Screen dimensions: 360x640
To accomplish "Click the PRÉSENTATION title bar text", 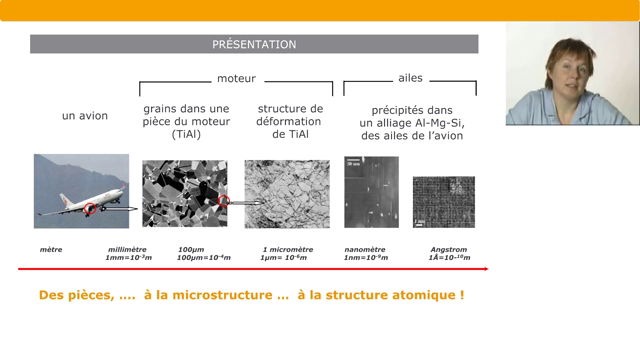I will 254,44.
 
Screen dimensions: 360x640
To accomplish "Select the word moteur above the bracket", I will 237,77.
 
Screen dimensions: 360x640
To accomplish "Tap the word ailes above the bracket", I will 410,77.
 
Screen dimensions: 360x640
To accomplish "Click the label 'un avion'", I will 85,116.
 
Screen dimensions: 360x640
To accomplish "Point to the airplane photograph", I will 81,190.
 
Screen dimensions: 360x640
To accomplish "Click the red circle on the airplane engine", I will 90,208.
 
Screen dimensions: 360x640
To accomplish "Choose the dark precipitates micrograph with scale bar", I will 371,191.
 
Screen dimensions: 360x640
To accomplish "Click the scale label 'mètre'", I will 50,249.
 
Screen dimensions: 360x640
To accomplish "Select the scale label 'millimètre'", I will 129,249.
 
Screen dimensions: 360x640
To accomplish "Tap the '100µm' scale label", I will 191,249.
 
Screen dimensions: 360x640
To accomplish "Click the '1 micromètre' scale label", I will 288,249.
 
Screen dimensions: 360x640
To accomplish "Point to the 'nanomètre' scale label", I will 366,249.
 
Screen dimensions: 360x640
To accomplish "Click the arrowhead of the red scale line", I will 485,269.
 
